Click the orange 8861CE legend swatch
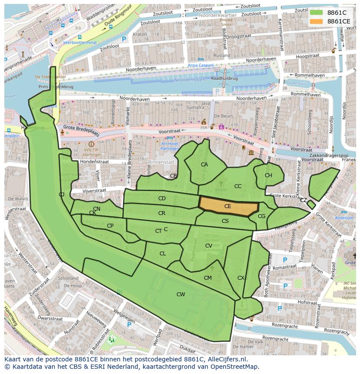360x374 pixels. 316,21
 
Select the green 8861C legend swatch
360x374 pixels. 316,13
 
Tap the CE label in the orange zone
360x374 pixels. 227,206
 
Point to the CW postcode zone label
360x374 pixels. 180,295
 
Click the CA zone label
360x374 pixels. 204,165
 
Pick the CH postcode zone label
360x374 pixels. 268,175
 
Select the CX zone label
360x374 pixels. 241,278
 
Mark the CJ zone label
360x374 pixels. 62,194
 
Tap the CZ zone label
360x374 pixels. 303,200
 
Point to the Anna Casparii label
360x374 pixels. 201,65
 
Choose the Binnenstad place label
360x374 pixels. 161,162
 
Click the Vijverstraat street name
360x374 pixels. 94,190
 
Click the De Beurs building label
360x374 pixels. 222,116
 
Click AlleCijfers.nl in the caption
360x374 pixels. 226,360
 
